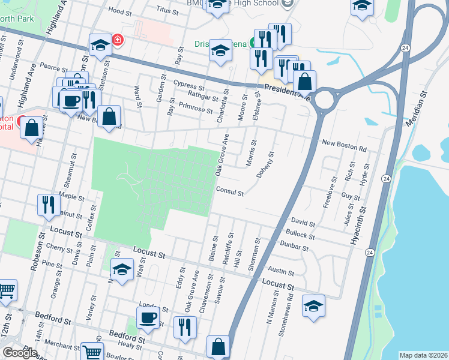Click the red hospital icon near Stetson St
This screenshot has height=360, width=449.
118,40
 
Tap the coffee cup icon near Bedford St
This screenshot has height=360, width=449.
148,317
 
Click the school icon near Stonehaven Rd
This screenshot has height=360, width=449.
313,306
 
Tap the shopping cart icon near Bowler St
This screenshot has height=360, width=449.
92,352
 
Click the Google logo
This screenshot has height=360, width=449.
20,353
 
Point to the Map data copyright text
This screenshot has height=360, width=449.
423,355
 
